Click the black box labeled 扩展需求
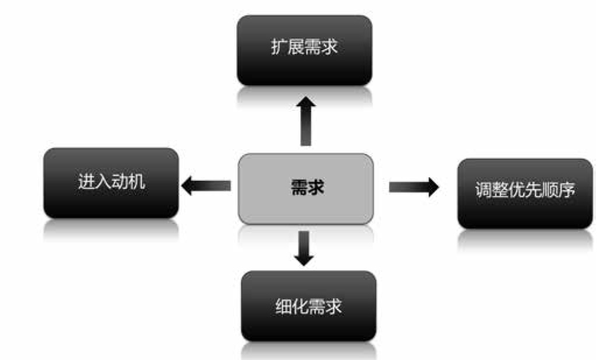click(304, 50)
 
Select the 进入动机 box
click(111, 183)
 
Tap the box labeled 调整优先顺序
click(525, 193)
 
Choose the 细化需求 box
click(308, 306)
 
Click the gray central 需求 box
click(305, 188)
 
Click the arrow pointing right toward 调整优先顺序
click(413, 187)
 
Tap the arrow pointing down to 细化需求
click(304, 247)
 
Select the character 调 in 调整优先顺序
click(483, 191)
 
